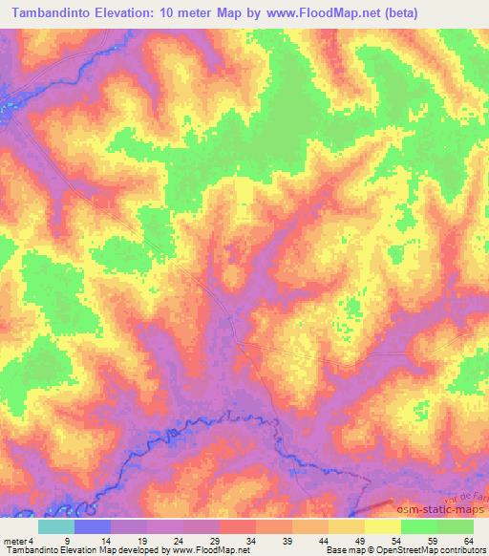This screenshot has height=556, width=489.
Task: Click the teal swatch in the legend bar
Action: click(57, 526)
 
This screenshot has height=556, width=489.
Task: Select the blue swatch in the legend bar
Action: click(94, 526)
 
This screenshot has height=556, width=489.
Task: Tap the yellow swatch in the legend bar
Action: click(384, 526)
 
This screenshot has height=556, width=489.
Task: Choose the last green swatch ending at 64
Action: click(456, 526)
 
